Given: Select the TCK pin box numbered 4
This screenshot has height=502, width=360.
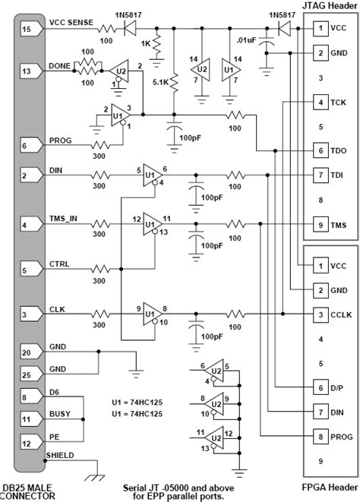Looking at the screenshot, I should click(322, 102).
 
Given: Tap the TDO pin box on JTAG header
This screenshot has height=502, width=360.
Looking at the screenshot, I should click(322, 150).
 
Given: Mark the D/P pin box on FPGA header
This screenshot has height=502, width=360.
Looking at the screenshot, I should click(322, 387).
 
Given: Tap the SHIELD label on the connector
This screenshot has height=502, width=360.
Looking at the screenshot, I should click(62, 455).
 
